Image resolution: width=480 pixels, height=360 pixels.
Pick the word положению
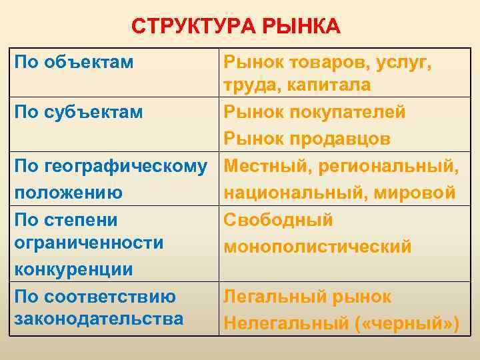click(x=69, y=193)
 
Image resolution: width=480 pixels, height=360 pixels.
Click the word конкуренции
click(x=73, y=269)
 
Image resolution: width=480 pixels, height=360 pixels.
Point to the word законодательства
click(x=99, y=319)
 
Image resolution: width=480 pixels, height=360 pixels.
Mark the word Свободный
click(x=278, y=219)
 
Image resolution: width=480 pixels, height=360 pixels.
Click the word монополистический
click(x=318, y=246)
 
